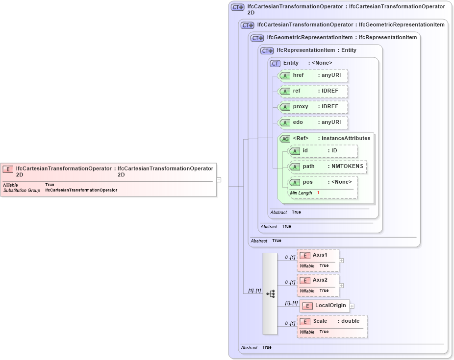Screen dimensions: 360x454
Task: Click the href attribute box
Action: click(x=313, y=76)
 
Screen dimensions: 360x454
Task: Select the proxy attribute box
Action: click(x=313, y=107)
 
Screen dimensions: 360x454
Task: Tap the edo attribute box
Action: click(x=313, y=122)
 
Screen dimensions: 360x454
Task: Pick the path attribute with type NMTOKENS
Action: click(x=328, y=167)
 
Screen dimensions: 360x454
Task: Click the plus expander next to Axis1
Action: click(x=341, y=261)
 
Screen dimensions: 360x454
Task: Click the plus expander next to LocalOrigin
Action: click(x=352, y=306)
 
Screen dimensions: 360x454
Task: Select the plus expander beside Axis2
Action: click(x=341, y=285)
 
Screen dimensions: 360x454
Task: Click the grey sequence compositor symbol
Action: click(x=270, y=293)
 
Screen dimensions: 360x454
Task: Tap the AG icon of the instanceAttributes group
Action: click(x=285, y=139)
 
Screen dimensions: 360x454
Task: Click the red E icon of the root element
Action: click(x=8, y=169)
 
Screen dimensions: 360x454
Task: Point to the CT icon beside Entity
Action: click(x=275, y=63)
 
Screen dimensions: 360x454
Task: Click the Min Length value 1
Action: click(x=318, y=193)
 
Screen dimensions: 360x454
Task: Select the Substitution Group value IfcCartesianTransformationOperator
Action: click(x=81, y=190)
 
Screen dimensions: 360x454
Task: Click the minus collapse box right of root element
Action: click(x=219, y=180)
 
